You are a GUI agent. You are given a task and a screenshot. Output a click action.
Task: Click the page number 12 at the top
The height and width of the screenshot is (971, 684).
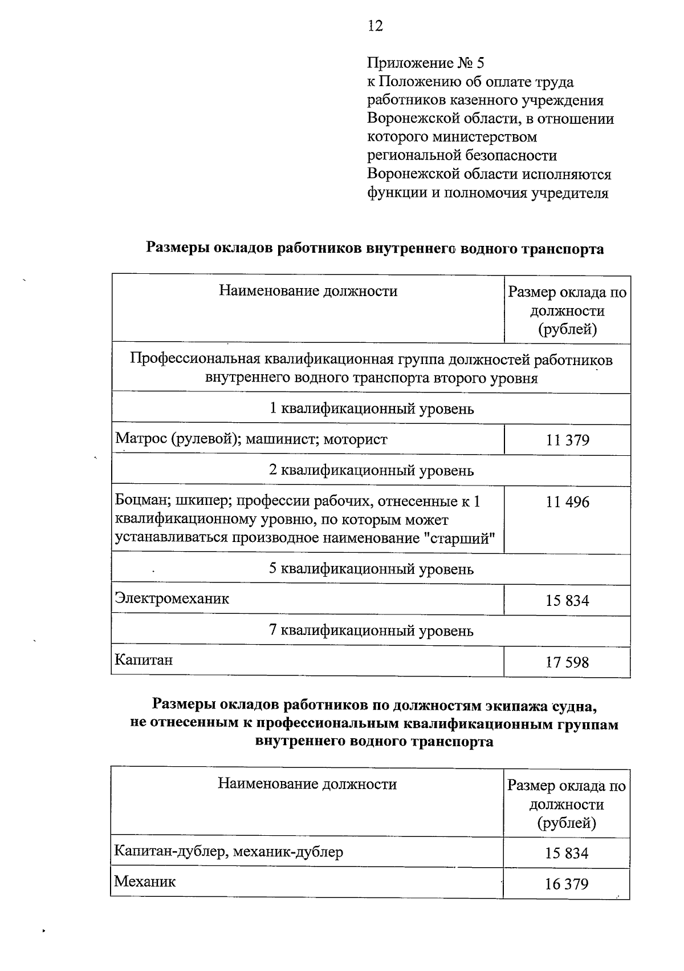point(376,26)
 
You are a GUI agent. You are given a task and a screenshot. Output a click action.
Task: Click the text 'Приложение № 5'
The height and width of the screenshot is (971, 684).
point(425,63)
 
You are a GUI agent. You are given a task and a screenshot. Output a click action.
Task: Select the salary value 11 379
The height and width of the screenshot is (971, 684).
point(567,440)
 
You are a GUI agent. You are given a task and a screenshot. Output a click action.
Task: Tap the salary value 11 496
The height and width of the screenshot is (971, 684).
point(567,502)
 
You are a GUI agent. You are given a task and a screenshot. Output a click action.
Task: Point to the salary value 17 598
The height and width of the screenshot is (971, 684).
point(567,662)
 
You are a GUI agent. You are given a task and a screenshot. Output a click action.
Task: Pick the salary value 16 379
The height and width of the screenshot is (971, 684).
point(566,884)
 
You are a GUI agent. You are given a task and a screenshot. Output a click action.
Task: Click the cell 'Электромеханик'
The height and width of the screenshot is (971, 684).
point(172,598)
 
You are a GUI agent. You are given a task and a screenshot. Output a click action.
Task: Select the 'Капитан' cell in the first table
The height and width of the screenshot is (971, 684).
point(143,660)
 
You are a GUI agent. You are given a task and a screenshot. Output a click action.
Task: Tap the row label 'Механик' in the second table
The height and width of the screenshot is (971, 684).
point(145,881)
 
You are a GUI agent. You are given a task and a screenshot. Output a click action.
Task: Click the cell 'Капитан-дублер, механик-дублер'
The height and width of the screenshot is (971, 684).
point(229,852)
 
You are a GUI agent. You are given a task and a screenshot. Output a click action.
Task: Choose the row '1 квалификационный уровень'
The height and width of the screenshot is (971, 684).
point(371,409)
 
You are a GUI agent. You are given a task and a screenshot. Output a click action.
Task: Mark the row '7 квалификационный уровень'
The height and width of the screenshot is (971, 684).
point(371,631)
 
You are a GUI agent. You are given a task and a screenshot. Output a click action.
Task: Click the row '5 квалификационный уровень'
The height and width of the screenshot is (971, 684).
point(371,569)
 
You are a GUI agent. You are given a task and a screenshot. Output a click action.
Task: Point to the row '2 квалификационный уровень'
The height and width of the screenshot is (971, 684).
point(371,471)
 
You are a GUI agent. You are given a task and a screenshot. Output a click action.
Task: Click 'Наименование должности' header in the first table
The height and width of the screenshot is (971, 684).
point(308,292)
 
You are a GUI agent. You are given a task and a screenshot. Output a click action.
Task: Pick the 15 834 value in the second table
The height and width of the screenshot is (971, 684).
point(566,853)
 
